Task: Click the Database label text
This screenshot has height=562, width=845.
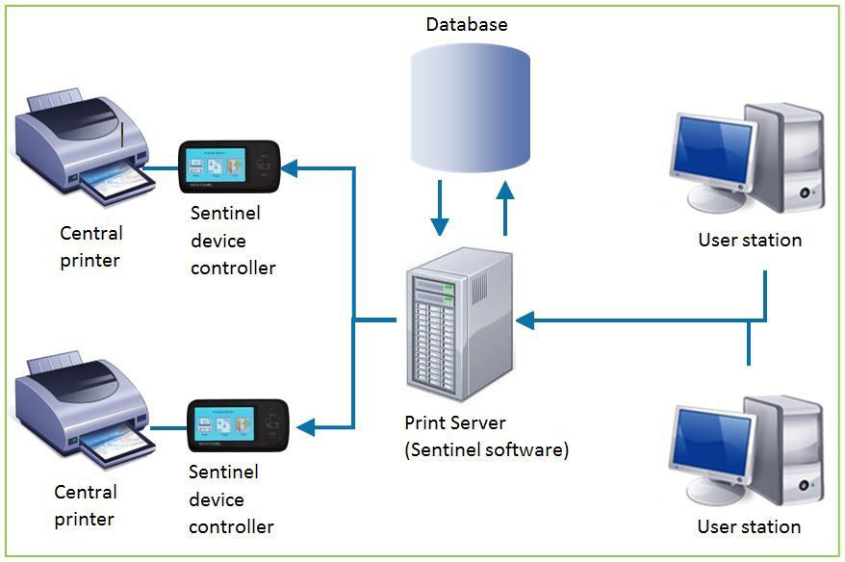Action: pyautogui.click(x=467, y=24)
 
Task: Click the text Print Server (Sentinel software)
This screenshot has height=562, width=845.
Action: pyautogui.click(x=486, y=436)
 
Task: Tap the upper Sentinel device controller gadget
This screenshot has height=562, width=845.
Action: pyautogui.click(x=229, y=167)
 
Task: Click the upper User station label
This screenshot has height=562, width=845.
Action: pyautogui.click(x=750, y=240)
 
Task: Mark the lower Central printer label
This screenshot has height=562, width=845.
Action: pyautogui.click(x=86, y=505)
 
